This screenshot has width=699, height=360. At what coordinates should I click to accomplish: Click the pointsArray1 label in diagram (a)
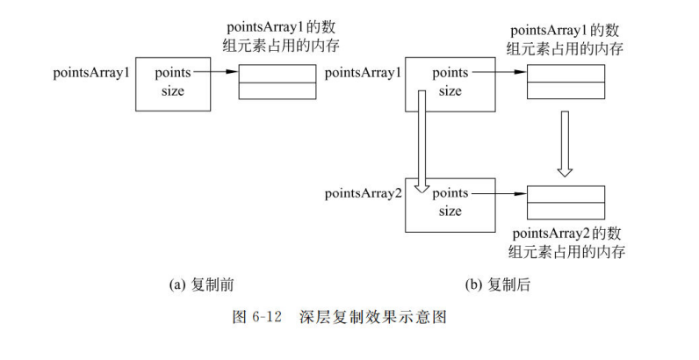[x=91, y=71]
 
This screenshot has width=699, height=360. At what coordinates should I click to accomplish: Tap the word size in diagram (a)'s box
[x=172, y=90]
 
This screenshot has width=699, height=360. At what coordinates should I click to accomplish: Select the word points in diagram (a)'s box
[x=172, y=73]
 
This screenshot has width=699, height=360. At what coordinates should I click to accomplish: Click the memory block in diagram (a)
[x=277, y=82]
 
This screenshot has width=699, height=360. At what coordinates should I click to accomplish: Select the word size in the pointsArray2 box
[x=450, y=211]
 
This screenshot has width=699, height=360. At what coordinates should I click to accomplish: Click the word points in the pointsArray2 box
[x=450, y=192]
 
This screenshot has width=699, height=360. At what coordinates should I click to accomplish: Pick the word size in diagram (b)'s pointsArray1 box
[x=450, y=90]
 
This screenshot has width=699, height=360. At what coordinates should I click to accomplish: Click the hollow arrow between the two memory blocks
[x=566, y=145]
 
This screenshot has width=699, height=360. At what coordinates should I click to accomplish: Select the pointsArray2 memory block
[x=566, y=201]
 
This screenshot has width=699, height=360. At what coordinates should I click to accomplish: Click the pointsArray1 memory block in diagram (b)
[x=566, y=82]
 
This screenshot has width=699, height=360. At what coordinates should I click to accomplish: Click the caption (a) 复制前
[x=201, y=285]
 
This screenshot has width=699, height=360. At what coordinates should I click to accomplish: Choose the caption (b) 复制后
[x=497, y=285]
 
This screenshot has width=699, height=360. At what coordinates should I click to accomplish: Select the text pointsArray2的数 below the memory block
[x=567, y=234]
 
